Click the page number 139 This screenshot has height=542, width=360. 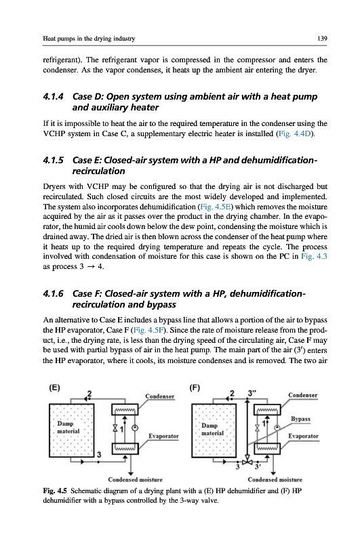(x=322, y=39)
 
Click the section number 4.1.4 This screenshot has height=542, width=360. (x=54, y=96)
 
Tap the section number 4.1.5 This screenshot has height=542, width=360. (x=54, y=160)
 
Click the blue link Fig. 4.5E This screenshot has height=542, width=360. (x=216, y=207)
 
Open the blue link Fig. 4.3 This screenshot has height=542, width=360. (x=314, y=256)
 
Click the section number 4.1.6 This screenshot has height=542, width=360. (x=54, y=293)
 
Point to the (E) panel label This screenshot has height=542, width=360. (x=54, y=388)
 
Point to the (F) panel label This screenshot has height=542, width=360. (x=195, y=388)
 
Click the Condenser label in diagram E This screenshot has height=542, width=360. (x=160, y=396)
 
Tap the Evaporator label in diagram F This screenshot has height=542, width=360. (x=303, y=436)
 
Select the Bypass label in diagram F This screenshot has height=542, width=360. (x=300, y=419)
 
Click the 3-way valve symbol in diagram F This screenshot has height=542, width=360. (x=247, y=462)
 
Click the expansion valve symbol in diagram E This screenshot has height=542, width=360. (x=115, y=428)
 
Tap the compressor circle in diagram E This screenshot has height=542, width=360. (x=136, y=428)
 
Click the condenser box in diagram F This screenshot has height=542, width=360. (x=267, y=410)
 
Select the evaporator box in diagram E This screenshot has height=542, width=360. (x=125, y=449)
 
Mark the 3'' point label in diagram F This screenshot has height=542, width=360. (x=252, y=393)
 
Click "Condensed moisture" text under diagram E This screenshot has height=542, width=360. (x=135, y=480)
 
